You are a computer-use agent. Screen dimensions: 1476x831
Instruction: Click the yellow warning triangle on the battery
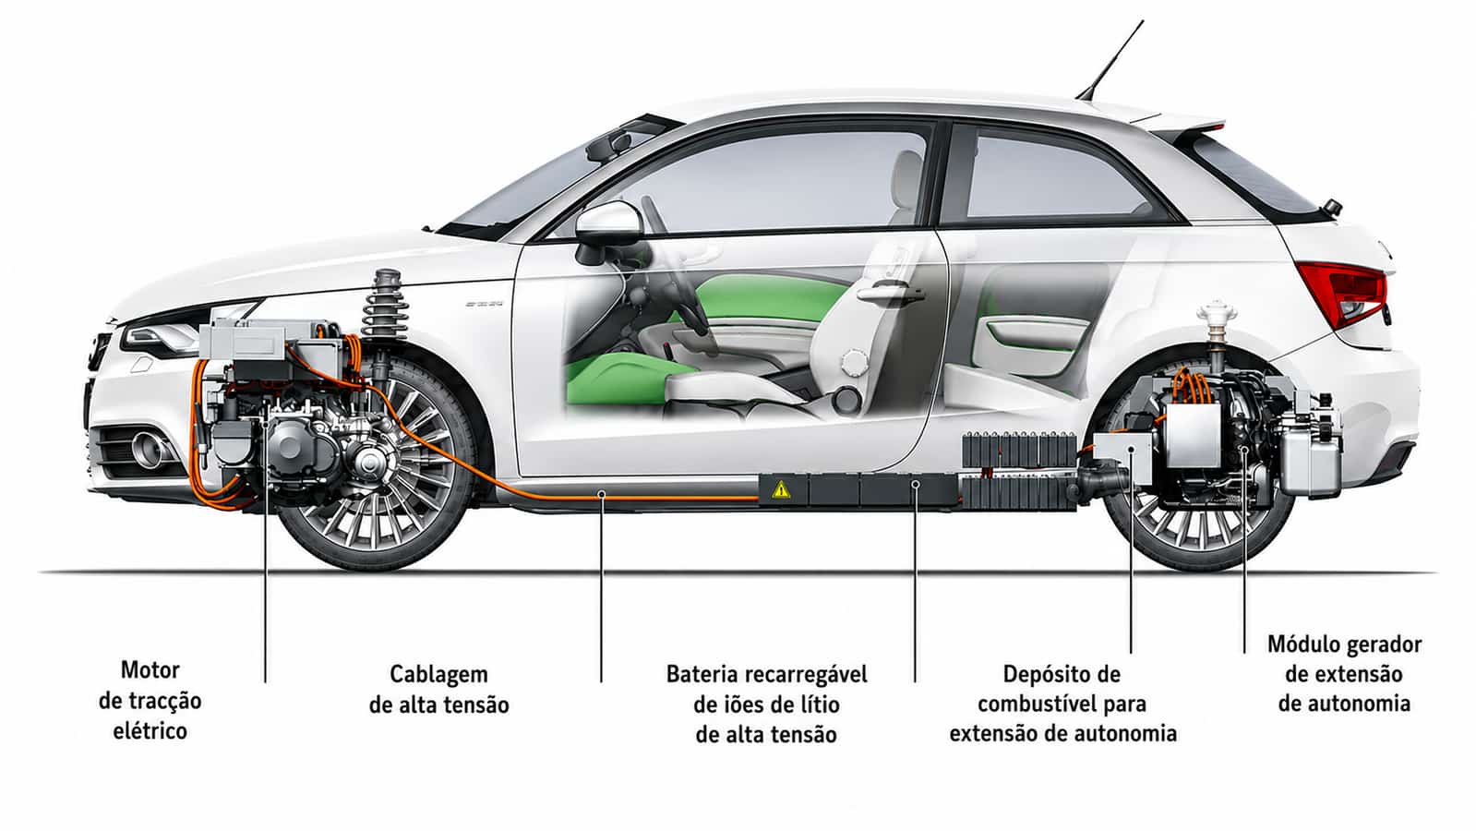click(x=781, y=489)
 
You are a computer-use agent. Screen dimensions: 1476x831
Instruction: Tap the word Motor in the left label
click(x=150, y=670)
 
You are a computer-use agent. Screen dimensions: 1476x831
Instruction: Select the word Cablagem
click(x=438, y=675)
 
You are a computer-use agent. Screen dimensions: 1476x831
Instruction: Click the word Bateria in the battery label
click(x=704, y=674)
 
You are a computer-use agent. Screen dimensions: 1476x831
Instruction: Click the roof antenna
click(x=1111, y=60)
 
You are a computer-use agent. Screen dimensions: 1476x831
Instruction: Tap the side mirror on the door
click(x=608, y=226)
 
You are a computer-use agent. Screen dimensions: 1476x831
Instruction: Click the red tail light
click(x=1344, y=292)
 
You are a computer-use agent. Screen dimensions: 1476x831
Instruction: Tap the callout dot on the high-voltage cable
click(x=601, y=493)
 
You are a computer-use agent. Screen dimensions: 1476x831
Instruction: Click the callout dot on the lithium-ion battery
click(x=916, y=485)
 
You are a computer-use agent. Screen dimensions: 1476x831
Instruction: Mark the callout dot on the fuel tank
click(x=1131, y=449)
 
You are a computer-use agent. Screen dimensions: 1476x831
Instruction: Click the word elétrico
click(x=150, y=731)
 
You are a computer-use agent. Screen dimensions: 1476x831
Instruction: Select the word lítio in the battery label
click(x=821, y=705)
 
